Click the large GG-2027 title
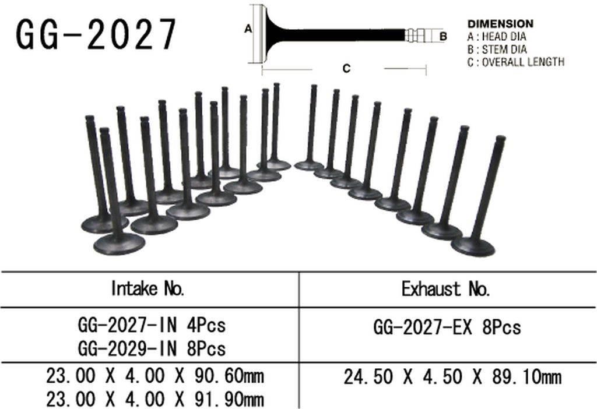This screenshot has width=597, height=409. coord(96,33)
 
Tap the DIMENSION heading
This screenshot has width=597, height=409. coord(500,24)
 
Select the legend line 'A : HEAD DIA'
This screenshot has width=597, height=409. coord(497,37)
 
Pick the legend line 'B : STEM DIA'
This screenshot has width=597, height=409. coord(497,49)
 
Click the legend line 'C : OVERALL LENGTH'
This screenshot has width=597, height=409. coord(515,61)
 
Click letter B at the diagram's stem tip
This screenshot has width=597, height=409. coord(443,36)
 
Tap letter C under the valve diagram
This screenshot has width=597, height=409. coord(346,69)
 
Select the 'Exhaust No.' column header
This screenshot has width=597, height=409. coord(446,288)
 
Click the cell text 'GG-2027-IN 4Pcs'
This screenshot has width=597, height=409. coord(151,325)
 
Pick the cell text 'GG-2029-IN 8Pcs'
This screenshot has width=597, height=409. coord(151,348)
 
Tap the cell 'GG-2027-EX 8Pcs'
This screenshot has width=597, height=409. coord(447,327)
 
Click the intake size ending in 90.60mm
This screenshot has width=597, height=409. coord(155,376)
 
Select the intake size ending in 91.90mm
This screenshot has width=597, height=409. coord(155,400)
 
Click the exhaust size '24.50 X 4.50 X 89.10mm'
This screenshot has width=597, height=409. coord(452,377)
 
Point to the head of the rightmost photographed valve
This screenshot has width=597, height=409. coord(473,246)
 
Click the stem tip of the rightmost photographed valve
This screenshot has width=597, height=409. coord(500,139)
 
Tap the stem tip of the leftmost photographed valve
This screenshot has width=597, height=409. coord(90,119)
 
